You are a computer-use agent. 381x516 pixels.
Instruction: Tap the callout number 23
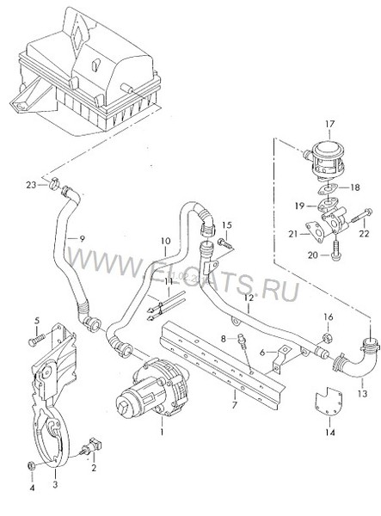pyautogui.click(x=31, y=185)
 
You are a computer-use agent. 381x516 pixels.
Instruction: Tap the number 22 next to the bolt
pyautogui.click(x=363, y=230)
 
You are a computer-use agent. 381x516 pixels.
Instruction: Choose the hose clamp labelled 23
pyautogui.click(x=55, y=183)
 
